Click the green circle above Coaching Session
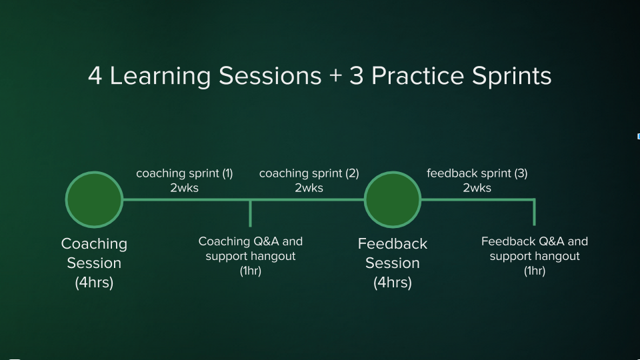tap(94, 199)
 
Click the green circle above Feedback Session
tap(393, 199)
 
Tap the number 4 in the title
tap(95, 76)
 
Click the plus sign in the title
tap(335, 76)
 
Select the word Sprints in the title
tap(512, 77)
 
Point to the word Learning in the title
tap(161, 77)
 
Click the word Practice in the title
tap(418, 76)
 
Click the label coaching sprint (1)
tap(185, 173)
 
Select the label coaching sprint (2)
tap(309, 173)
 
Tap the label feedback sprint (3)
tap(477, 173)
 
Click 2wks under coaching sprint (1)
tap(185, 188)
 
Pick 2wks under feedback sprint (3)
tap(477, 188)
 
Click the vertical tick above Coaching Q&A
tap(250, 213)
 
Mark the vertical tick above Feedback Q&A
tap(534, 212)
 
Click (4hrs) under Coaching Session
tap(94, 283)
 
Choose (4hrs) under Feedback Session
tap(393, 283)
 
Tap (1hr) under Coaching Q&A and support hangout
tap(251, 271)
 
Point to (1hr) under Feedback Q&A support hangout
tap(535, 271)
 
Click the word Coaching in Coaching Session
tap(94, 244)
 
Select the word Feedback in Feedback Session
tap(393, 244)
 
